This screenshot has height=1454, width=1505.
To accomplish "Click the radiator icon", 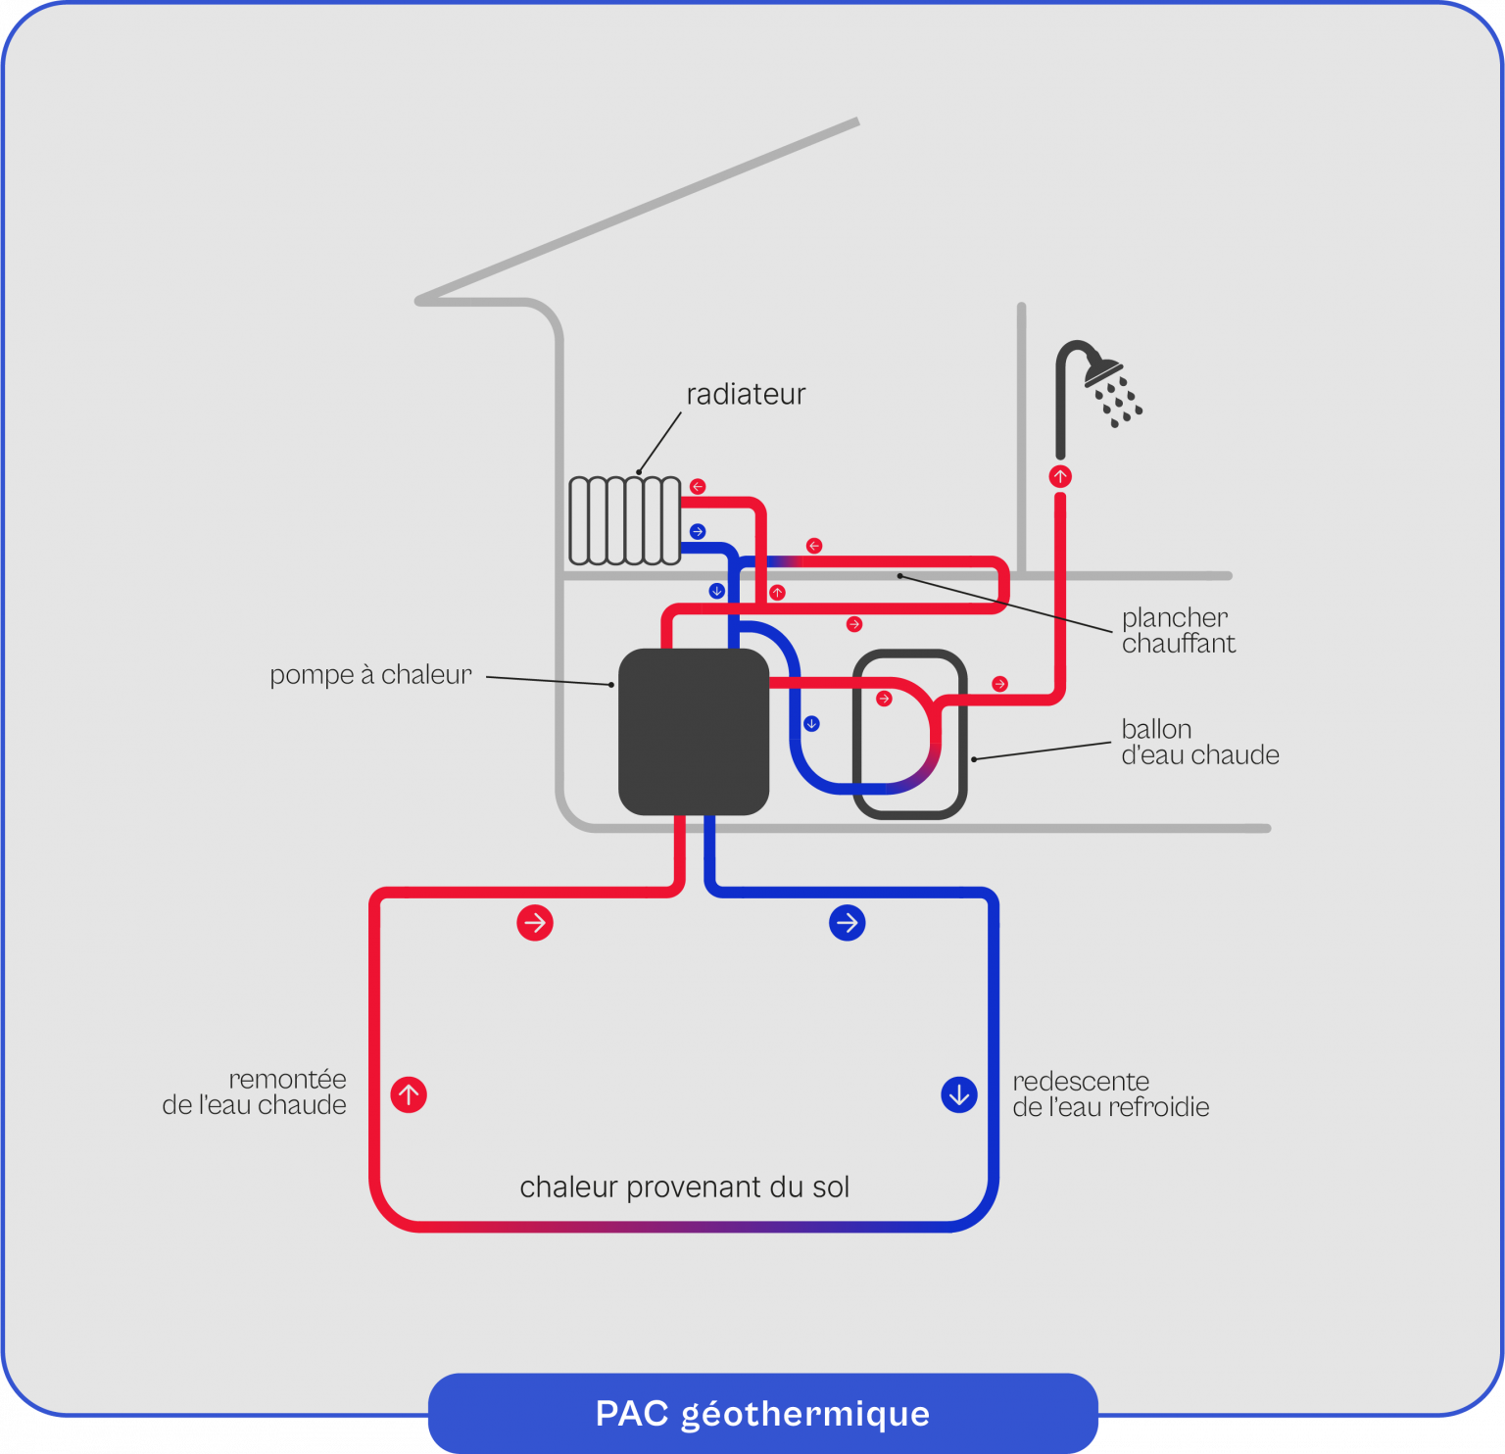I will (624, 520).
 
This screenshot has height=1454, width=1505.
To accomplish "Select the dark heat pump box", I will (694, 732).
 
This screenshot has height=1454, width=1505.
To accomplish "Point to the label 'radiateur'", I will (746, 394).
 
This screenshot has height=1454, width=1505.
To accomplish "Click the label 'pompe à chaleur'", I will (370, 675).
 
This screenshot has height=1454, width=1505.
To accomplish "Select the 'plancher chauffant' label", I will (1178, 631).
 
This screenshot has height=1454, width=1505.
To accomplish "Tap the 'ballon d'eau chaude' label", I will (1199, 743).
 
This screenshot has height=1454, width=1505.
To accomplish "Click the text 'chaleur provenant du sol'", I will (684, 1187).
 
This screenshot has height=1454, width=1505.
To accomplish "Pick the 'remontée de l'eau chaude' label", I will (255, 1092).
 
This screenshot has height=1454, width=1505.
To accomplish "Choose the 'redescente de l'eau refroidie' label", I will (1110, 1094).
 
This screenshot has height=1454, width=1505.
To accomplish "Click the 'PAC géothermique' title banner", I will (762, 1414).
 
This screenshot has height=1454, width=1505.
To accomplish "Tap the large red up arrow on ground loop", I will (409, 1094).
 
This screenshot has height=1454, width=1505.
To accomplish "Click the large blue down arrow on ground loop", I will (959, 1094).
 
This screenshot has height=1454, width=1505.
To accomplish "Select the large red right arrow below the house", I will (535, 923).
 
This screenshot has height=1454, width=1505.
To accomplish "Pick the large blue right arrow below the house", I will (848, 923).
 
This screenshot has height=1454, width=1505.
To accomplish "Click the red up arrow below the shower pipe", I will (1060, 477).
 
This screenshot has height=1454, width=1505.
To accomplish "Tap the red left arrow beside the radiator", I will (698, 487).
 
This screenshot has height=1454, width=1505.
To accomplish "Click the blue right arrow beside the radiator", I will (698, 532).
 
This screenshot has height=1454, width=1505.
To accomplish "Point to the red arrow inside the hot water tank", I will (884, 699).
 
